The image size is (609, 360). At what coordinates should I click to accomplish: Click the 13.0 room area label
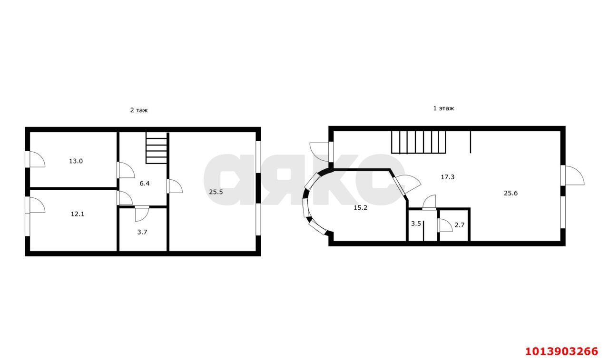[76, 161]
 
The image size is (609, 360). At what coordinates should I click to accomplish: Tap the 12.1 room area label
[78, 214]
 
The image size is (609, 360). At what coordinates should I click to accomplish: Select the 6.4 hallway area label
[145, 184]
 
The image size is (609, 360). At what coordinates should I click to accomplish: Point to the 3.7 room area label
[142, 232]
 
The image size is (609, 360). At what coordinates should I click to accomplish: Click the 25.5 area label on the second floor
[216, 192]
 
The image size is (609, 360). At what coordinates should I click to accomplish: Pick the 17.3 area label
[448, 177]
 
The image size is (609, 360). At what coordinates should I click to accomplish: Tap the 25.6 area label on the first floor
[511, 193]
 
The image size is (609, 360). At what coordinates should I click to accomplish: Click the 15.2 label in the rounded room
[361, 208]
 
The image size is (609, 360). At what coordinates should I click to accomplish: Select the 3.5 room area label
[416, 224]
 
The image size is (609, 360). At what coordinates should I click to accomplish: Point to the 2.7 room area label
[460, 225]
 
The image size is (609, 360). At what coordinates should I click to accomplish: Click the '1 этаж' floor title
[443, 108]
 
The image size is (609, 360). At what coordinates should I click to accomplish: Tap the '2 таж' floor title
[139, 110]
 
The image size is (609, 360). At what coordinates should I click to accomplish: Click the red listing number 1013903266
[562, 351]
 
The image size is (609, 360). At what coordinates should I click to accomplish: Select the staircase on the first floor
[419, 142]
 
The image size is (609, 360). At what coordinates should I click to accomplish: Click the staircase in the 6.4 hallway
[157, 148]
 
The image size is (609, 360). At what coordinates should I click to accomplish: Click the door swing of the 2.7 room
[445, 225]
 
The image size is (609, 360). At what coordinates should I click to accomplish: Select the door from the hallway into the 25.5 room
[175, 186]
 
